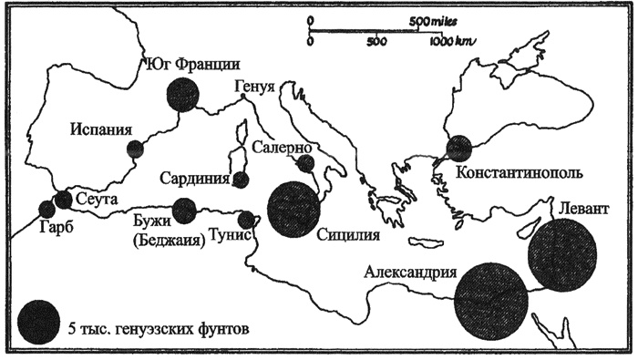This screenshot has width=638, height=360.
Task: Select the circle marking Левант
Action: pos(562,251)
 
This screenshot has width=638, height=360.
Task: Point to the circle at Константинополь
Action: pos(458,149)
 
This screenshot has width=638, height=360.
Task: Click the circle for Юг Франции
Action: pos(182,94)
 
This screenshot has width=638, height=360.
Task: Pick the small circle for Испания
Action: pos(135,149)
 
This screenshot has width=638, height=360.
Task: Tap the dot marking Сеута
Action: pos(64,199)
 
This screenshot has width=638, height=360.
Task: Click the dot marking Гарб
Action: pos(47,210)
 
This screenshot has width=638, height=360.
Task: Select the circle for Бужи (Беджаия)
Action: pos(185,211)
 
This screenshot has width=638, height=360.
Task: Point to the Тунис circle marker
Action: pos(246,219)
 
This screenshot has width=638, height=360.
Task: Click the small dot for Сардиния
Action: pos(241,180)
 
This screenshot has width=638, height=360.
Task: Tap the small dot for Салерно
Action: pos(306,163)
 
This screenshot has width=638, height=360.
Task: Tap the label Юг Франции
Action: pos(192,64)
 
